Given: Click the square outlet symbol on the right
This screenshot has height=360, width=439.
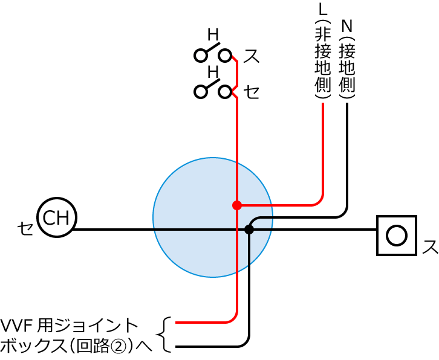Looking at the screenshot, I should coord(396,235).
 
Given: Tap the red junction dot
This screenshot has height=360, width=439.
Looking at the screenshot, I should coord(237,205).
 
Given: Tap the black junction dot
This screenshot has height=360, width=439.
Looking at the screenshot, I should coord(249,229).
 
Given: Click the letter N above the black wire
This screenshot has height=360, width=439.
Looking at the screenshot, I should coord(346,25).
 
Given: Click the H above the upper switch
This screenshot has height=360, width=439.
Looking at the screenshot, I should coord(213,34).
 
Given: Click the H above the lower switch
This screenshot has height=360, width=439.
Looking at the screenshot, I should coord(213,72).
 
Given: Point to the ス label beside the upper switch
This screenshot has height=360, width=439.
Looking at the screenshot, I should coord(251,56).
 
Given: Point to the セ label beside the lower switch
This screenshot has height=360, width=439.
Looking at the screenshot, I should coord(252,92).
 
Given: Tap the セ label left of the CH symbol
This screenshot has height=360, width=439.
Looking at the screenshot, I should coord(25,229).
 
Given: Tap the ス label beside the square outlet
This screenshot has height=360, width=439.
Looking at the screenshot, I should coord(430,247).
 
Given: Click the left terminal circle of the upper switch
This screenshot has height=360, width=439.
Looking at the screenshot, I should coord(200,56).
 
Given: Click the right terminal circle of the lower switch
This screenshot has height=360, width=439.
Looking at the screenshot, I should coord(225,92).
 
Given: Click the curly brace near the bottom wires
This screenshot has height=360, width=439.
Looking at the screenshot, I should coord(164,334).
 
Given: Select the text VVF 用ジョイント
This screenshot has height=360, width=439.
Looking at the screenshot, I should coord(70,326).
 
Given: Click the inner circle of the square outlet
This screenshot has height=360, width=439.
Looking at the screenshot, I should coord(396,235).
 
